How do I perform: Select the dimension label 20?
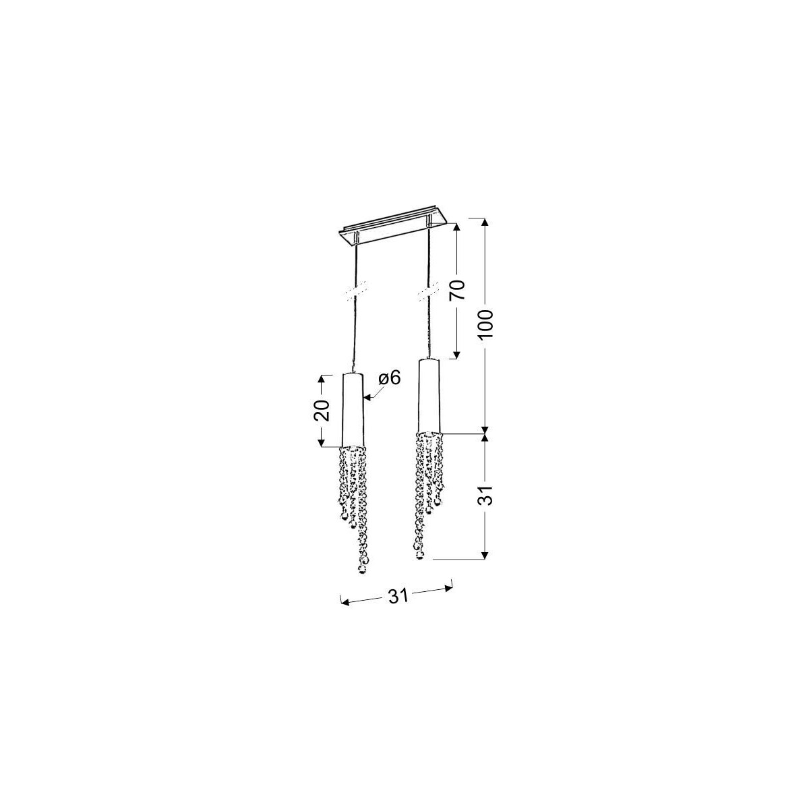322,410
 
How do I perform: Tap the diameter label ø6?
388,378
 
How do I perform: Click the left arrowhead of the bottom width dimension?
342,600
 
